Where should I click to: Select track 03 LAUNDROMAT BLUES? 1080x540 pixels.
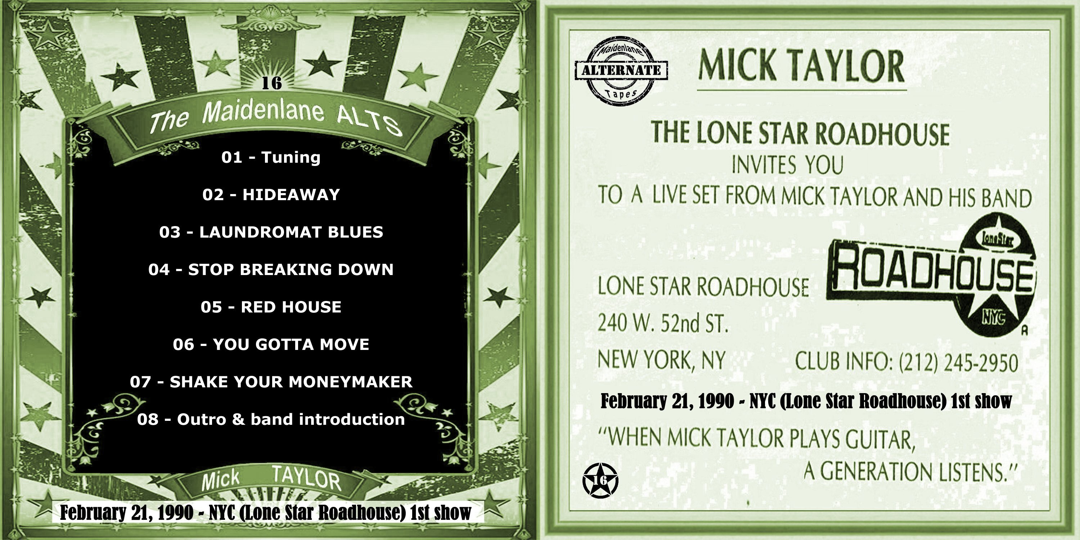point(271,232)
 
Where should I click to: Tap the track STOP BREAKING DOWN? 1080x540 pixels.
point(271,269)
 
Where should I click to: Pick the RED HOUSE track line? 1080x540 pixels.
point(271,307)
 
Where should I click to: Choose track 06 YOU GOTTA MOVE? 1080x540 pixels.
point(271,344)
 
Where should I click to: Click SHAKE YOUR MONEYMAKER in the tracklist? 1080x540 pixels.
point(271,382)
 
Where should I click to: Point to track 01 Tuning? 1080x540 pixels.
point(271,157)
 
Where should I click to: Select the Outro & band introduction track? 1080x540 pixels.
point(271,419)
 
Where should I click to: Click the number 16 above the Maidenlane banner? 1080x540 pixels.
point(272,83)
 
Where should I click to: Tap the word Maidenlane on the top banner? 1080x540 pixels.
point(263,112)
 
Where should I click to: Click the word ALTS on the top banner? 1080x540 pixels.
point(369,121)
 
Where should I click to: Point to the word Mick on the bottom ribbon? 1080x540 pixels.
point(221,480)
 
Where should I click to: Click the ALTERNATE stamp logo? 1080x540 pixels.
point(621,71)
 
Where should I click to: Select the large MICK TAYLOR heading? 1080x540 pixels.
point(801,66)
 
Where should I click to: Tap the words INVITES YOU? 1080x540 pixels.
point(788,165)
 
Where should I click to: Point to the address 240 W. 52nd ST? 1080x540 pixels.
point(663,323)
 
